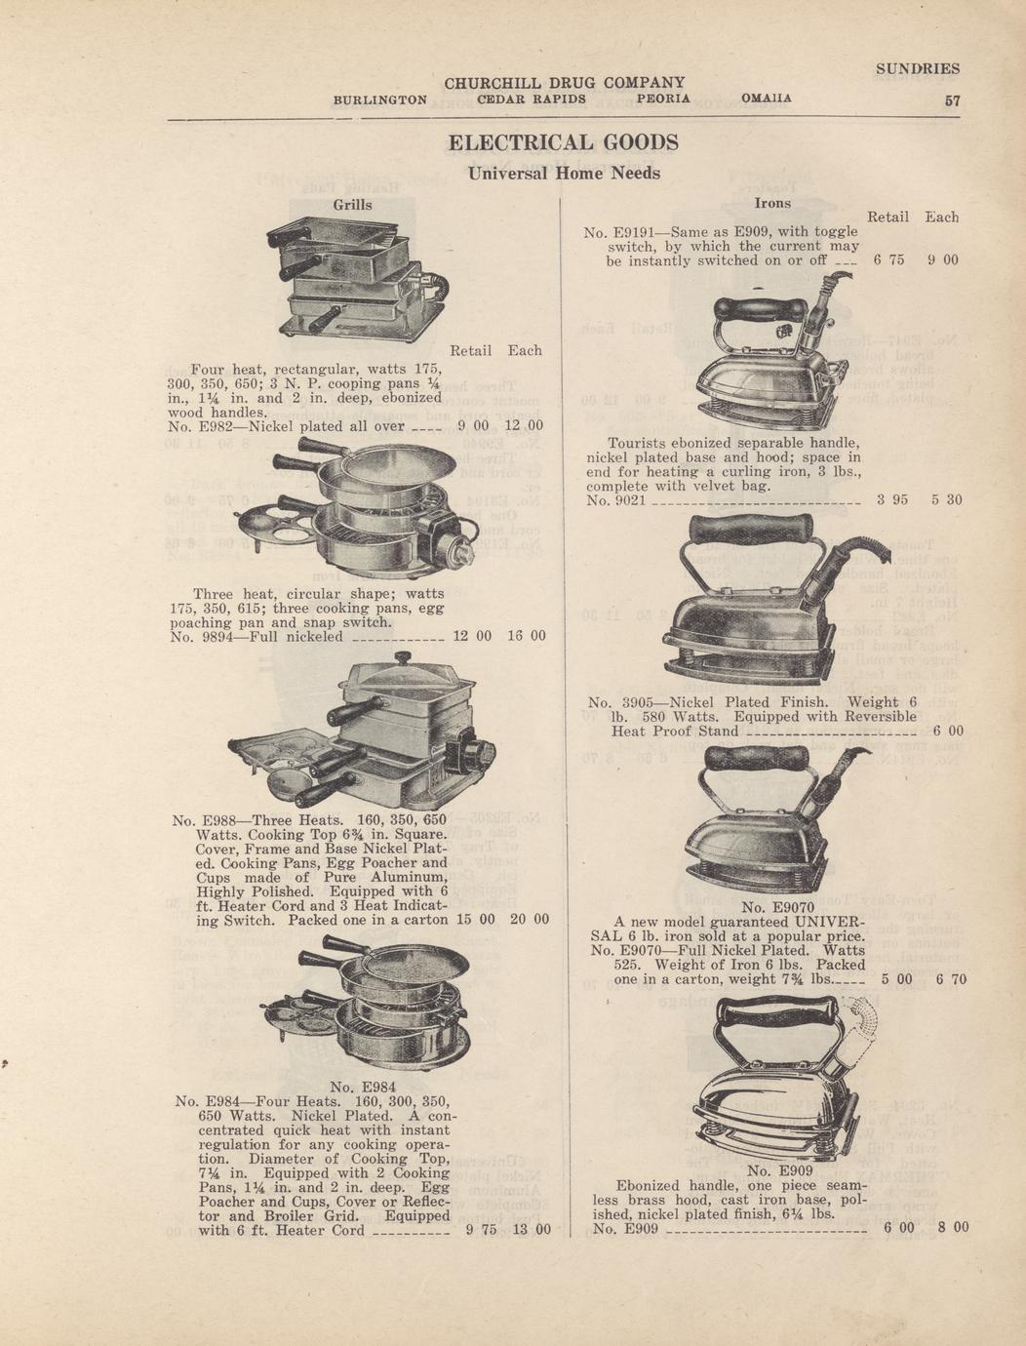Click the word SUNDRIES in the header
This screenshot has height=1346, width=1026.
tap(918, 68)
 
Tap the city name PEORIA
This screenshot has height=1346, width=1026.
tap(664, 99)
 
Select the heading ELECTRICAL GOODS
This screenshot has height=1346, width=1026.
tap(564, 142)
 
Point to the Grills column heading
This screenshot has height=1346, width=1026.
tap(352, 205)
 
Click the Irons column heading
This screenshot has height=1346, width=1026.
tap(772, 204)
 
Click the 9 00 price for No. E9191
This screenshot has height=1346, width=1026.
tap(943, 260)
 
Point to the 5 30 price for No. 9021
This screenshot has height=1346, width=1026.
tap(947, 499)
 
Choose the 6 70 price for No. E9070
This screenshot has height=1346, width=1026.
tap(951, 979)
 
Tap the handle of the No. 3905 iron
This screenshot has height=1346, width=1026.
tap(751, 528)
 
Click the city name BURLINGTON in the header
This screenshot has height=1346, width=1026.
tap(380, 99)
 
